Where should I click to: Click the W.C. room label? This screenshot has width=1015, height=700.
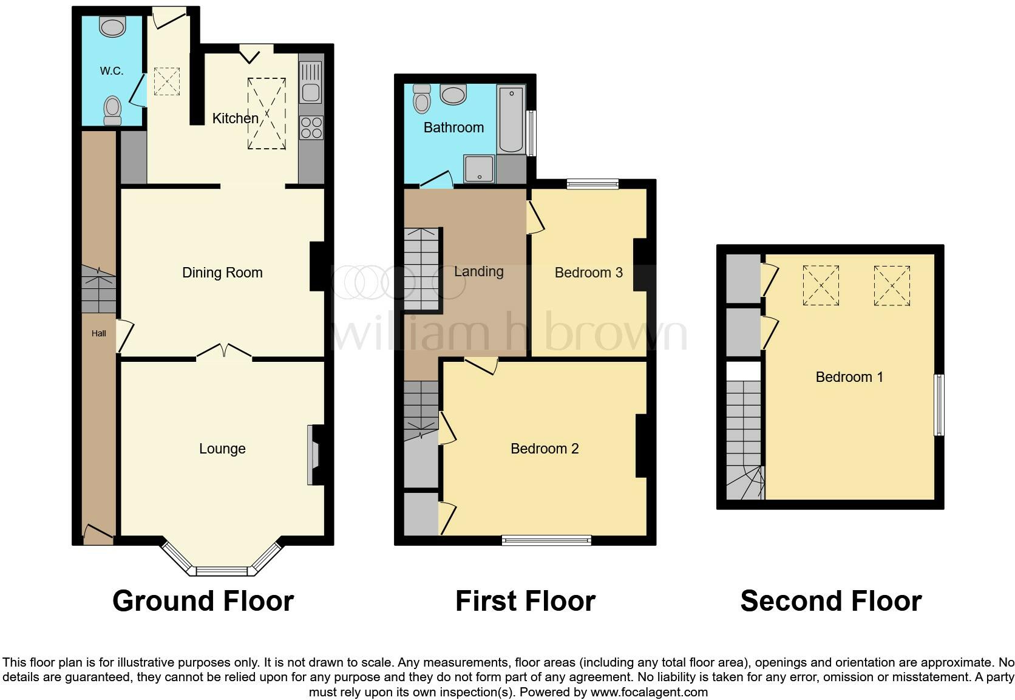pos(112,71)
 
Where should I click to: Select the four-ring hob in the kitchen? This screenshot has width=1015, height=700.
pos(311,128)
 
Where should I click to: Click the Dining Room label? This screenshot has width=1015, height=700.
pos(222,273)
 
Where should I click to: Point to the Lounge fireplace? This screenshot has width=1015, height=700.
pos(314,455)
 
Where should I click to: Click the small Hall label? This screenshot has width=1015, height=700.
pos(98,333)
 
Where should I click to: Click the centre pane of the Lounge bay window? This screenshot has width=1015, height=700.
pos(222,571)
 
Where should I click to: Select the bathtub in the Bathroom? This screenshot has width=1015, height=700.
pos(511,118)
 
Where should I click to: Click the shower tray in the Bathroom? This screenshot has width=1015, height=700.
pos(480,168)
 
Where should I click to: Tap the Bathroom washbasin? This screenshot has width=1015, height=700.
pos(453,95)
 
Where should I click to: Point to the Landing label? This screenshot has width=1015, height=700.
pos(478,271)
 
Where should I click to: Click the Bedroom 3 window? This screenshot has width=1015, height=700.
pos(592,184)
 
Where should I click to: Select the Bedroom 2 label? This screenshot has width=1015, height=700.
pos(545,449)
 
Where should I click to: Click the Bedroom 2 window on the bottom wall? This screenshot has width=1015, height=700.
pos(546,540)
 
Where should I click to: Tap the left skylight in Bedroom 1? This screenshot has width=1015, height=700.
pos(821,285)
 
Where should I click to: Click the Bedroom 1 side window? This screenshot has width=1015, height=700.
pos(939,405)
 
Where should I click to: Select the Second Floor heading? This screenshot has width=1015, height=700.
pos(830,601)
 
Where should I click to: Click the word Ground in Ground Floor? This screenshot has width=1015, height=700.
pos(163,601)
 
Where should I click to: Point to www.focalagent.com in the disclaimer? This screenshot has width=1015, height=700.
pos(648,692)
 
